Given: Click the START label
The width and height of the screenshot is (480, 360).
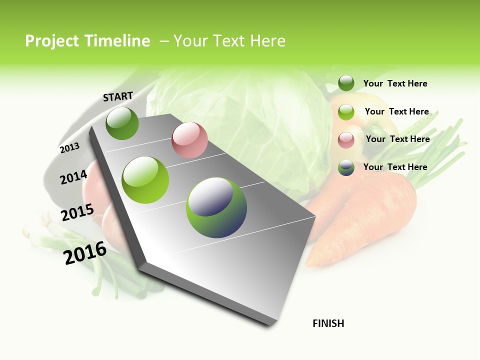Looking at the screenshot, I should pos(118,96).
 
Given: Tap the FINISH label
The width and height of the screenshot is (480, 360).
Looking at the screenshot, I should pos(328,323).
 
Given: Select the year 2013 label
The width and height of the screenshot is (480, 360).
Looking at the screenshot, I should pos(69,147).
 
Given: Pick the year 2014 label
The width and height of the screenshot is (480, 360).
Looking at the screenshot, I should pos(73,177).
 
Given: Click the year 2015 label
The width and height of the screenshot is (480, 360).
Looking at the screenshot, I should pos(77,212).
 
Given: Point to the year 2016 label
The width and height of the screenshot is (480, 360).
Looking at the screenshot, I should pos(85,252).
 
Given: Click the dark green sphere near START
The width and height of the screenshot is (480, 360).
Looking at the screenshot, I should pos(122,123).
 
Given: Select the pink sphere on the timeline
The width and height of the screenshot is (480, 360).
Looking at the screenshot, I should pos(189,140).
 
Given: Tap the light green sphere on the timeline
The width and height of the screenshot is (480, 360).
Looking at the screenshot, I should pos(145,179).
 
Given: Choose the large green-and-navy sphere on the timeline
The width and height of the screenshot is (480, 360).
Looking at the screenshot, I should pos(216,207).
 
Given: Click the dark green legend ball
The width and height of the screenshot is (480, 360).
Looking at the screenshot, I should pos(346,83).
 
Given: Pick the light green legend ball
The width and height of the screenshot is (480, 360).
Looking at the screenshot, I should pos(346,112).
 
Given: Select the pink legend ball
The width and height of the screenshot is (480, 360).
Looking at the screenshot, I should pos(346,139).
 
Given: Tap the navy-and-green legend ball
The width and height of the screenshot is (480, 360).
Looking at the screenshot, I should pos(346,167).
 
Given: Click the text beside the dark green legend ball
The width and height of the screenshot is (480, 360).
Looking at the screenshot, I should pos(395,83).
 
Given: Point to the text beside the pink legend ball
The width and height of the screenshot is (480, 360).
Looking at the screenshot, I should pos(397,139).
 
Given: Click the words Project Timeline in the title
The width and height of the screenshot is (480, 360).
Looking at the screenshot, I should pos(87,41).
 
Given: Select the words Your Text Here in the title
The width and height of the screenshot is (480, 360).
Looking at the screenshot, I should pos(229,41).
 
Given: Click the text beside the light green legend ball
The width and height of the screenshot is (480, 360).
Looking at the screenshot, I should pos(396,111).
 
